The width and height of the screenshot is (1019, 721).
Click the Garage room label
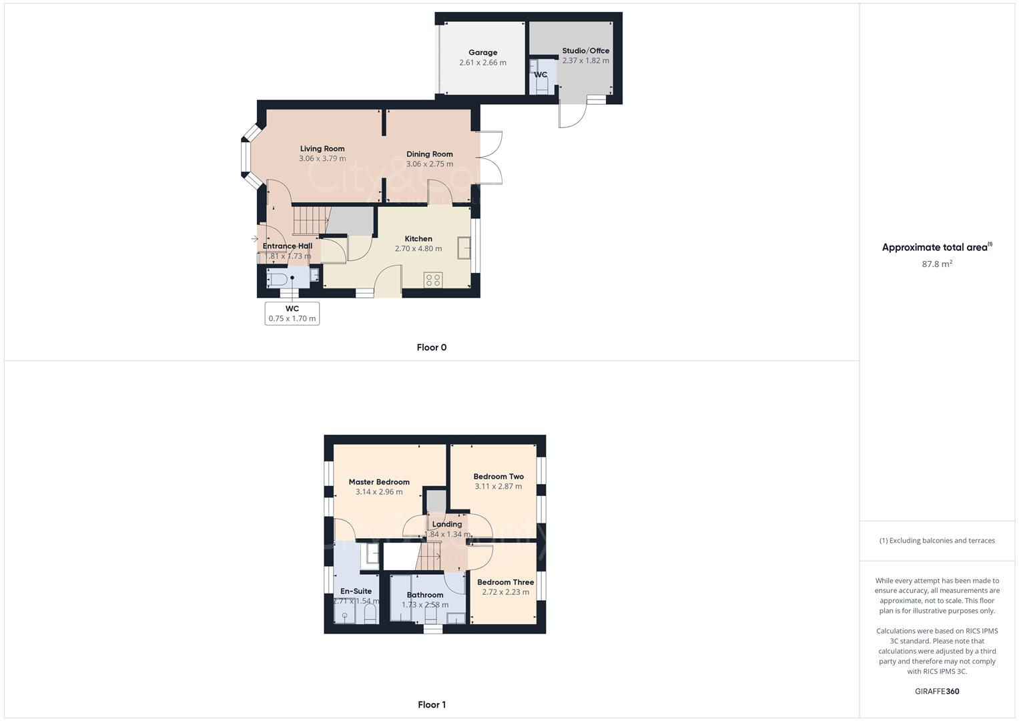pyautogui.click(x=482, y=52)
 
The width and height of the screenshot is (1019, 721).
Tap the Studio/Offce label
pyautogui.click(x=585, y=51)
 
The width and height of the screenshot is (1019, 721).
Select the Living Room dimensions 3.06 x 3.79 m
pyautogui.click(x=322, y=159)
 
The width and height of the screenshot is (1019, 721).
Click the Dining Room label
pyautogui.click(x=429, y=154)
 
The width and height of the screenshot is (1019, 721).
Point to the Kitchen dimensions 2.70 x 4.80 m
pyautogui.click(x=418, y=248)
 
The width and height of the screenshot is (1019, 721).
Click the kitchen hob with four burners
pyautogui.click(x=432, y=280)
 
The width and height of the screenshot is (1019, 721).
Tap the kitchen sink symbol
pyautogui.click(x=464, y=248)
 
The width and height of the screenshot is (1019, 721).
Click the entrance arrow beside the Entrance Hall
pyautogui.click(x=254, y=238)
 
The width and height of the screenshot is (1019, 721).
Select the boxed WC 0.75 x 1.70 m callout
pyautogui.click(x=292, y=313)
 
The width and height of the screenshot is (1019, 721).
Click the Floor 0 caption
pyautogui.click(x=431, y=347)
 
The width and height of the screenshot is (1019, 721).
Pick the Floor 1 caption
pyautogui.click(x=431, y=704)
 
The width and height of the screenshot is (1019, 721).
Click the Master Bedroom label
pyautogui.click(x=379, y=482)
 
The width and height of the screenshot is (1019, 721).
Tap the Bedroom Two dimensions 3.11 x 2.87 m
pyautogui.click(x=498, y=487)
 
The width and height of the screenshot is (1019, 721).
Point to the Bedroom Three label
pyautogui.click(x=505, y=582)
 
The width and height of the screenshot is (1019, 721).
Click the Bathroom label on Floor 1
pyautogui.click(x=425, y=595)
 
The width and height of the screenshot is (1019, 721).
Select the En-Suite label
pyautogui.click(x=356, y=591)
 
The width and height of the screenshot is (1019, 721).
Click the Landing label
pyautogui.click(x=447, y=524)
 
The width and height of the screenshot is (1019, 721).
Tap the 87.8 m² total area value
pyautogui.click(x=937, y=264)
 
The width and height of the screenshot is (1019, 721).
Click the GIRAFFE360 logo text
pyautogui.click(x=937, y=691)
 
